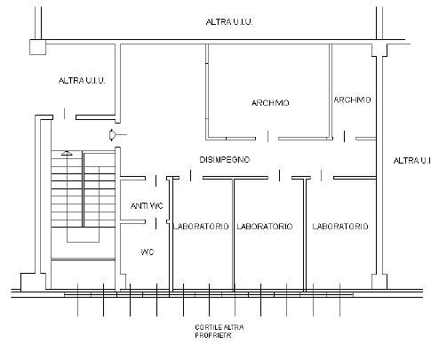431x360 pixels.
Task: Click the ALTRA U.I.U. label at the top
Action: pos(229,22)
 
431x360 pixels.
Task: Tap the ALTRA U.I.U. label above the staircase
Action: pos(82,81)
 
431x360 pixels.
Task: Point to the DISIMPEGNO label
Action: pos(225,160)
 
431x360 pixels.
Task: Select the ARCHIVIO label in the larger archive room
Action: pos(270,103)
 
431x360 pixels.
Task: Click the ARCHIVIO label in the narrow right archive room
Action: pos(352,100)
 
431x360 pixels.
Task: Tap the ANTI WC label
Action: pos(147,205)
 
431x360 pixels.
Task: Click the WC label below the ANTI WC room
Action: pos(148,252)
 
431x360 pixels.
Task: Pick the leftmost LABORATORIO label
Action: pos(201,227)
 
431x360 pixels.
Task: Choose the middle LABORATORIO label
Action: pos(265,227)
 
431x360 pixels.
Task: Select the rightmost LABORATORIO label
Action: pos(340,227)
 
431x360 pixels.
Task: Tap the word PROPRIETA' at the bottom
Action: pos(213,335)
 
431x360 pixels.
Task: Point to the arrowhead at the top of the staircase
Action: pos(67,153)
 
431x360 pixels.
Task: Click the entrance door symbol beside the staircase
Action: pos(113,135)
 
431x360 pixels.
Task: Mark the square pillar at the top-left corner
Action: pos(38,47)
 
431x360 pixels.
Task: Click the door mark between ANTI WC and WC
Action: pos(156,224)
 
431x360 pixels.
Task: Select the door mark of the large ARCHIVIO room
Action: pos(268,136)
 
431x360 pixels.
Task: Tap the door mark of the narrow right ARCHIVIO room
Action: pos(344,136)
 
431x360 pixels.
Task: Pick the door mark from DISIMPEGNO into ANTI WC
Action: pos(156,180)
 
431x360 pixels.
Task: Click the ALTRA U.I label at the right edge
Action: pos(412,161)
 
